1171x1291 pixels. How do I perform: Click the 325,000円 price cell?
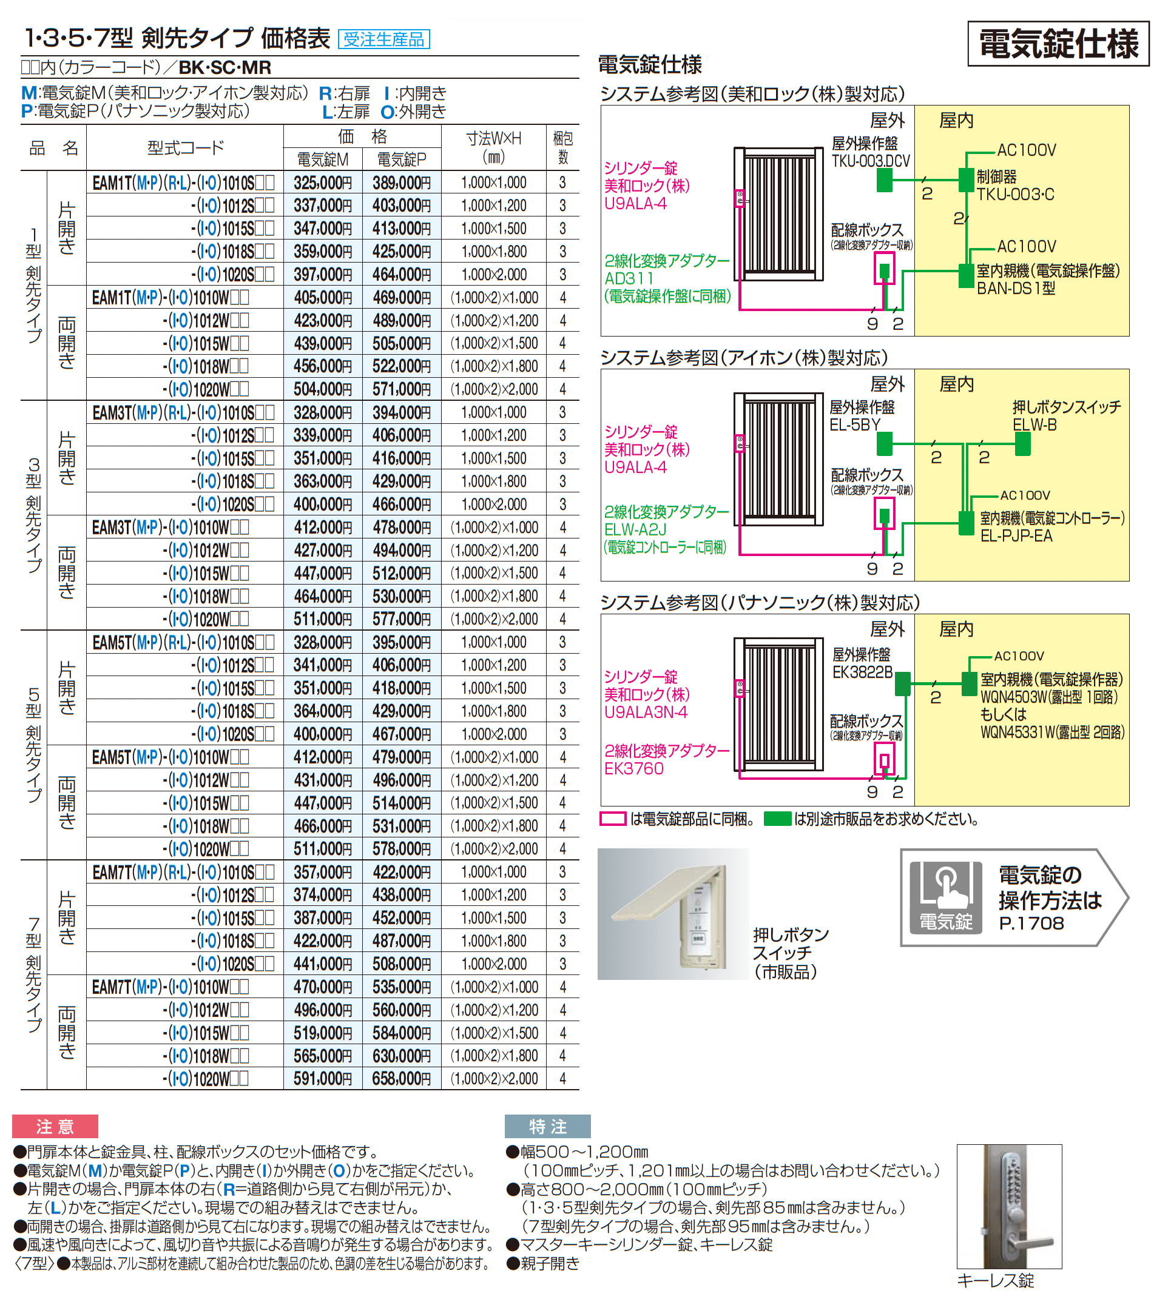pyautogui.click(x=322, y=183)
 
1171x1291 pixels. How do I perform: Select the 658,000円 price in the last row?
pyautogui.click(x=401, y=1079)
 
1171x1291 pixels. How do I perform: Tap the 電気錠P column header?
pyautogui.click(x=401, y=159)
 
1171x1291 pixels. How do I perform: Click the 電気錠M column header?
pyautogui.click(x=322, y=159)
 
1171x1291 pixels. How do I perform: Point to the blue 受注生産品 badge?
pyautogui.click(x=383, y=39)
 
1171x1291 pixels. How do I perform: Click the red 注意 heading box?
pyautogui.click(x=55, y=1127)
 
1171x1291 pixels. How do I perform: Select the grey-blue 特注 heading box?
pyautogui.click(x=547, y=1127)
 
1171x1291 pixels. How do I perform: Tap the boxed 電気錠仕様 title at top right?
pyautogui.click(x=1058, y=44)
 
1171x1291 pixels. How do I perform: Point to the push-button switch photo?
pyautogui.click(x=673, y=914)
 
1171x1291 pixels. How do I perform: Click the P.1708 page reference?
pyautogui.click(x=1031, y=924)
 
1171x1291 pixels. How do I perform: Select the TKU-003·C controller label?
pyautogui.click(x=1014, y=195)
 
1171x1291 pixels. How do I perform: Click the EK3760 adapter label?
pyautogui.click(x=633, y=768)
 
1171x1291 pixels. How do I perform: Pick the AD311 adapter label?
pyautogui.click(x=629, y=278)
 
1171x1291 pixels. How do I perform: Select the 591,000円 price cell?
pyautogui.click(x=322, y=1079)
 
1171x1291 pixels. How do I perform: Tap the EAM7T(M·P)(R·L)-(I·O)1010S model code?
pyautogui.click(x=183, y=872)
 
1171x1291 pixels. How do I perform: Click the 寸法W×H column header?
pyautogui.click(x=493, y=147)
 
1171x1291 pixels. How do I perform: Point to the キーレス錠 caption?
pyautogui.click(x=995, y=1280)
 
